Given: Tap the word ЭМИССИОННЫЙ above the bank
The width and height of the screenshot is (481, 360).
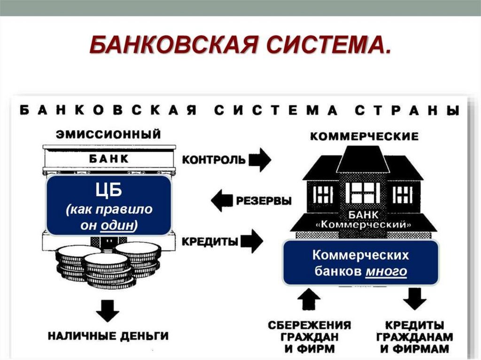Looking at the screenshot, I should tap(109, 135).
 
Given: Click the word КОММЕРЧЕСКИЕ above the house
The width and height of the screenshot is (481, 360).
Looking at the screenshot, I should tap(364, 137).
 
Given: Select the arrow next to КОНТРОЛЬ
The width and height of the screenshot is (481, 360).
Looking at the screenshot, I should tap(260, 160).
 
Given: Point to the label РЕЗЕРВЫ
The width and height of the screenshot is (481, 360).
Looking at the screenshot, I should tap(264, 201).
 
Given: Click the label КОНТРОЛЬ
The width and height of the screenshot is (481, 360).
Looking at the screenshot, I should tap(213, 160).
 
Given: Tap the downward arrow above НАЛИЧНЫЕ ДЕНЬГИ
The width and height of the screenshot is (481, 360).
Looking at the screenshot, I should tap(108, 310).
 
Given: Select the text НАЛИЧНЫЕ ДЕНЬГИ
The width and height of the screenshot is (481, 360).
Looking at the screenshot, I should tap(108, 336).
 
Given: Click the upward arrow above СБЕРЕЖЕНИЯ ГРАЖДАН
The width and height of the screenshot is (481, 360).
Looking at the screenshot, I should tap(309, 299).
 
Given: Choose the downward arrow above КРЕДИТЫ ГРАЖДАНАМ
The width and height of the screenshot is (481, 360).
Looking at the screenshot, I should tap(415, 298).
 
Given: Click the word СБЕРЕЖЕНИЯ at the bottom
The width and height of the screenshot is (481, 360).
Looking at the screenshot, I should tap(310, 325).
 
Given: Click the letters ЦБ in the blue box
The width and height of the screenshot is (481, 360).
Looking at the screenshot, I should tap(109, 191).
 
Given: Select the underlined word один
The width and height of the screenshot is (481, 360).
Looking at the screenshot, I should tap(117, 225).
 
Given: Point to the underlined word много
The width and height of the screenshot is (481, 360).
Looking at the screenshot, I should tap(386, 271).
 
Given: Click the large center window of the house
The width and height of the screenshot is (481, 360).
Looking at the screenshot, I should tap(363, 192).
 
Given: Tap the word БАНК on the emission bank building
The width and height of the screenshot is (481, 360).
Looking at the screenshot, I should tap(109, 159).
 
